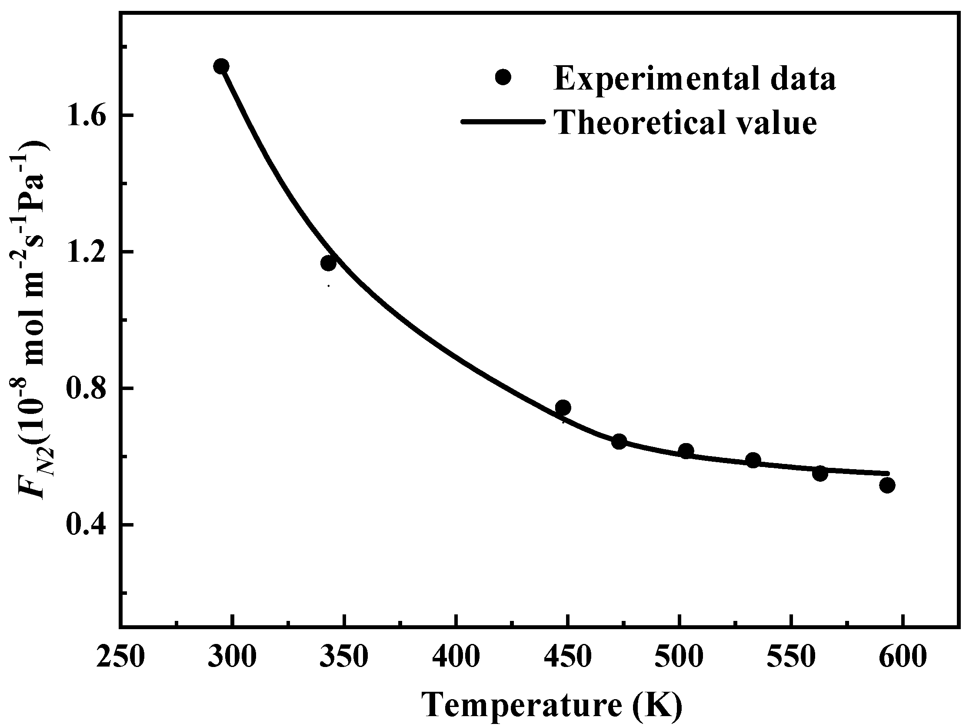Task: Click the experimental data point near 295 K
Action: (221, 67)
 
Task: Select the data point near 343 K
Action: (328, 263)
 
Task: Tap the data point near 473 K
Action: (619, 442)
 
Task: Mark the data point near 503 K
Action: (686, 450)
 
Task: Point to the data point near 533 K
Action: (753, 460)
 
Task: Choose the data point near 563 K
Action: (819, 473)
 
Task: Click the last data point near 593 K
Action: (887, 485)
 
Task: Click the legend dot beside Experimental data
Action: (503, 78)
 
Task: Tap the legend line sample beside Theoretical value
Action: (503, 122)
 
